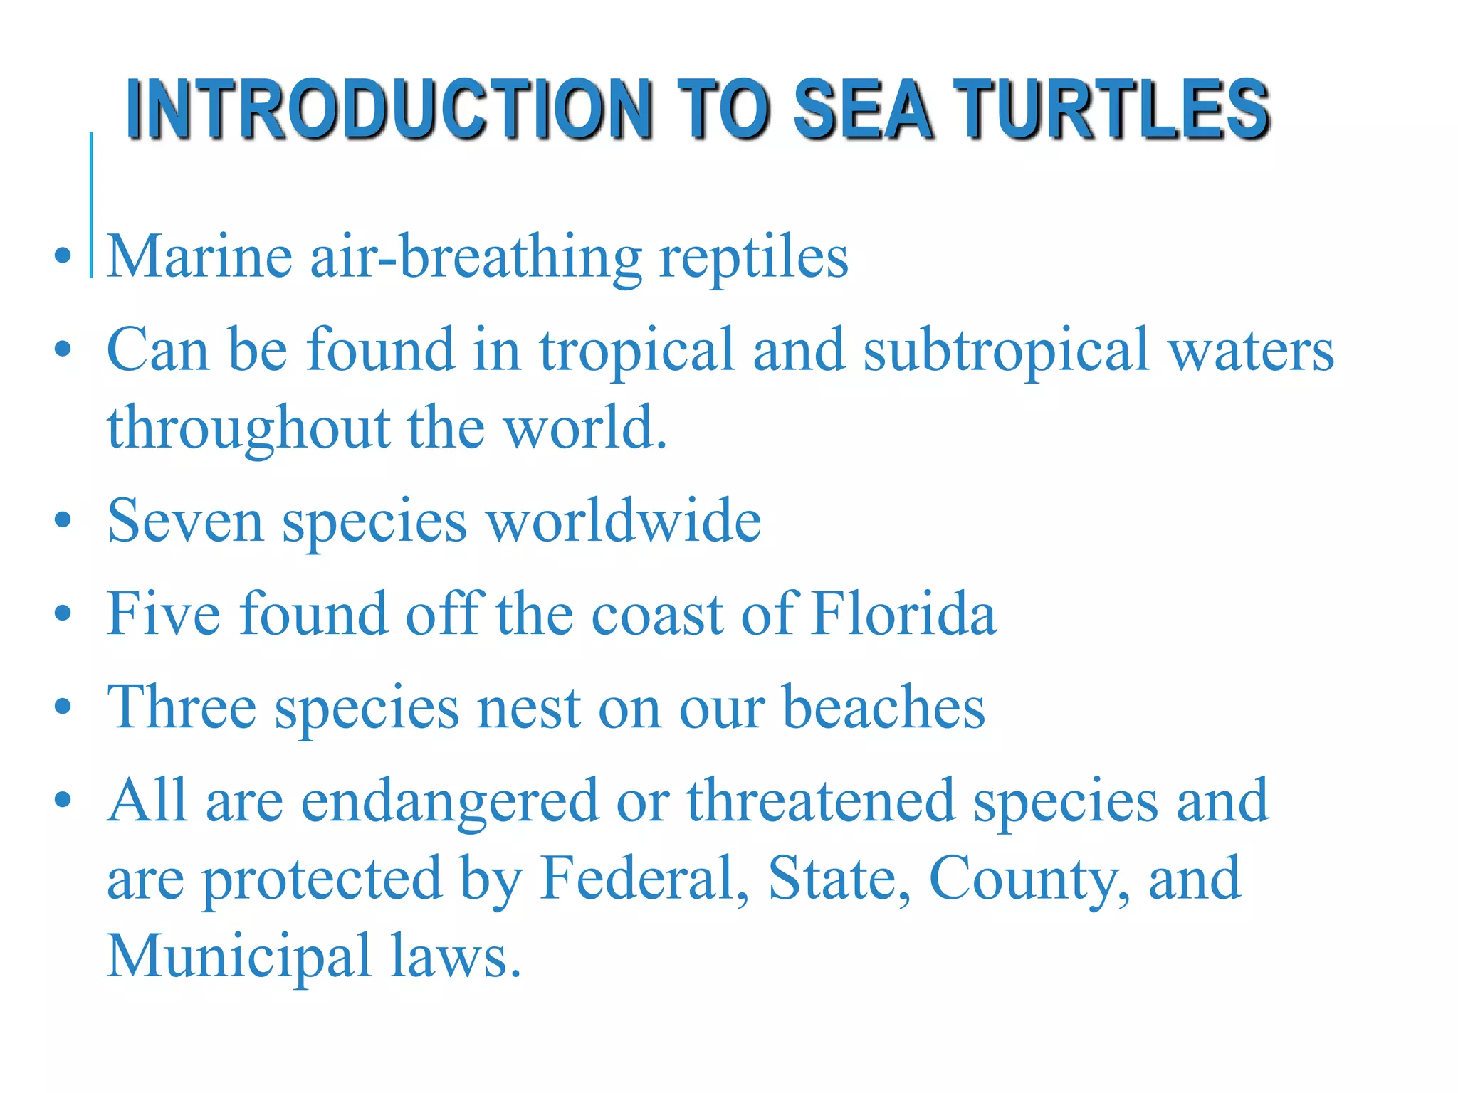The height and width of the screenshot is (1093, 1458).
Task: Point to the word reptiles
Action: tap(754, 258)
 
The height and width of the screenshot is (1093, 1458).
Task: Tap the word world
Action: tap(585, 428)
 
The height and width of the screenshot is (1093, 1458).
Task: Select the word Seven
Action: tap(185, 521)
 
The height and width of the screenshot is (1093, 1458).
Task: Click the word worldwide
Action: tap(624, 521)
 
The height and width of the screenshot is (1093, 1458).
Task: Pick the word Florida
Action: tap(904, 613)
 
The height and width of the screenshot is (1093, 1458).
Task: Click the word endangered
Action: tap(450, 801)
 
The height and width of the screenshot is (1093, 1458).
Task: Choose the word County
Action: tap(1029, 880)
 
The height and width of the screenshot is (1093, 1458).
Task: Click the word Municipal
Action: tap(239, 956)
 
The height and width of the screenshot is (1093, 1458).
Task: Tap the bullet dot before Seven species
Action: tap(63, 521)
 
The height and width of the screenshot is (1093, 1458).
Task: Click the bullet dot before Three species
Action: tap(63, 707)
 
